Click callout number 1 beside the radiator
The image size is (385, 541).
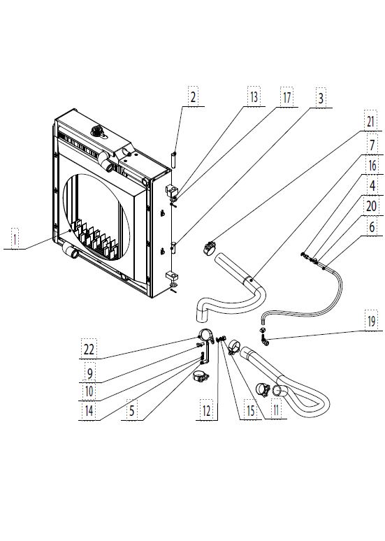coord(15,239)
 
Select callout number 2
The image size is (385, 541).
coord(193,97)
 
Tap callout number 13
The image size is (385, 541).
coord(254,97)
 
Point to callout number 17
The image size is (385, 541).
coord(287,97)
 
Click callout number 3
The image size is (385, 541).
coord(321,99)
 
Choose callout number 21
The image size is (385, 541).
coord(370,122)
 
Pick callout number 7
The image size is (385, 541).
coord(372,145)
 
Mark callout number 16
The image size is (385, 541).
coord(372,165)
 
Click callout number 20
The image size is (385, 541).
coord(371,206)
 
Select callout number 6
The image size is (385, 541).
coord(372,226)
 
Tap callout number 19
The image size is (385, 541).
coord(372,322)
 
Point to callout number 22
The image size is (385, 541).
coord(89,349)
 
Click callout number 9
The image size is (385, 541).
coord(89,373)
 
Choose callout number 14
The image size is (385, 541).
coord(89,410)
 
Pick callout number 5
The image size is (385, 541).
coord(132,410)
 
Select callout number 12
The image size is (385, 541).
coord(206,410)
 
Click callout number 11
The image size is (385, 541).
coord(276,410)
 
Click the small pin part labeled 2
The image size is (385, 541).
coord(174,160)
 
